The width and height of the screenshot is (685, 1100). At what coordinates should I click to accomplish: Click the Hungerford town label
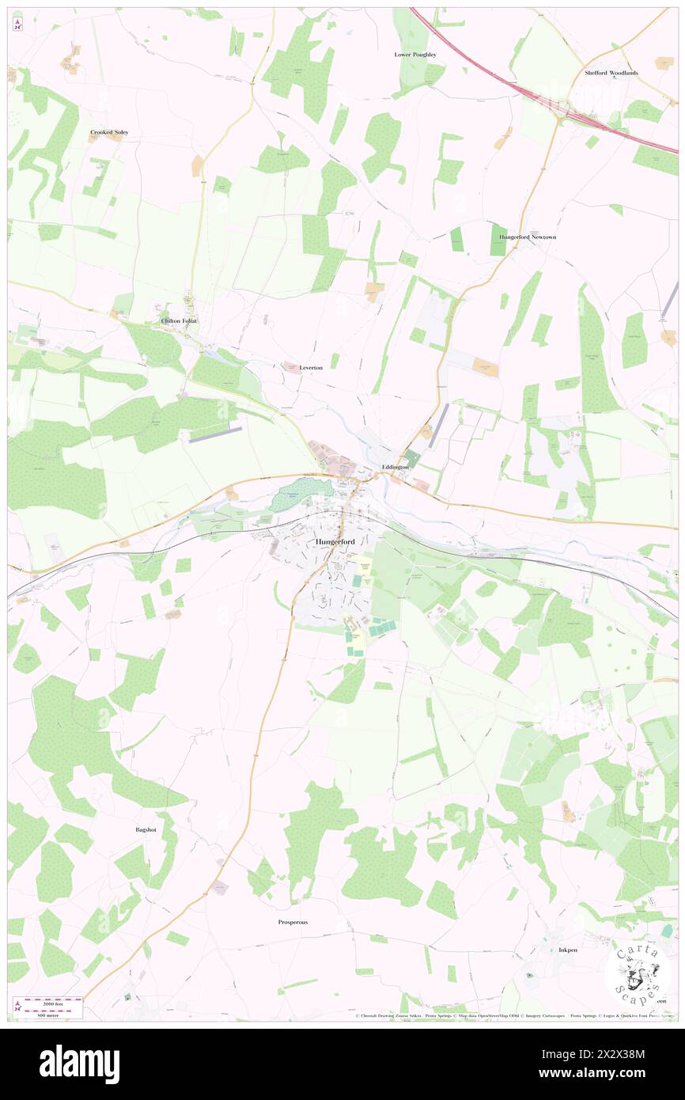coord(335,541)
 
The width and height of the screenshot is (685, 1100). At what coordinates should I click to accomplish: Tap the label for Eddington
coord(395,468)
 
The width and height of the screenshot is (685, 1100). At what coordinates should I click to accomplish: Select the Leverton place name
coord(311,368)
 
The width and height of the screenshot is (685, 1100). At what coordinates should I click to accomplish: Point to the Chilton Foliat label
coord(178,321)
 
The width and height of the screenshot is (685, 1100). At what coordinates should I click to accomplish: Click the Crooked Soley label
coord(109,132)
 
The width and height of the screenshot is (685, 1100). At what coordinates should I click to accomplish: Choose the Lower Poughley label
coord(415,55)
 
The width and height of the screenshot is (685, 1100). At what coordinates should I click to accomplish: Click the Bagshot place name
coord(145,830)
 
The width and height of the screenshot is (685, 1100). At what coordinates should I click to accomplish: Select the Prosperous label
coord(293,922)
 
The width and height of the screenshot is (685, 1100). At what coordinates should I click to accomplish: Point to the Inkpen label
coord(569,950)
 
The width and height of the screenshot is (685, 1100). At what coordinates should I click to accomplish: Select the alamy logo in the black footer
coord(79,1064)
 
